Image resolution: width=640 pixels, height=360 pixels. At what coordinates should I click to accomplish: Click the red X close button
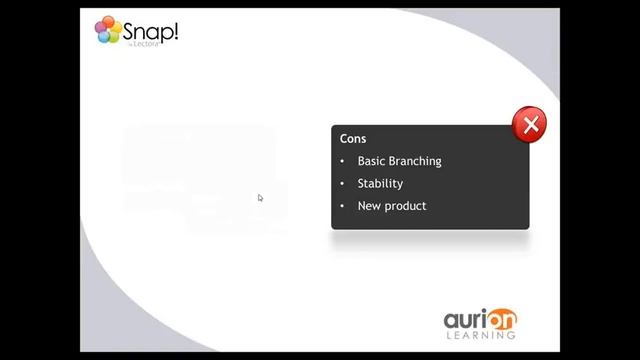coord(530,125)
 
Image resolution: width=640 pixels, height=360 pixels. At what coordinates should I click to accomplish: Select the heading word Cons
coord(353,139)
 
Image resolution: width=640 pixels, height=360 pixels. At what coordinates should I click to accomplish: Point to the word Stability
coord(380,184)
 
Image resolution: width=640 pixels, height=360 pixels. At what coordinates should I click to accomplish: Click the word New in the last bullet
coord(369,206)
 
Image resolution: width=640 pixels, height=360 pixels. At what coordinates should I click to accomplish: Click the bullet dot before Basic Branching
coord(342,161)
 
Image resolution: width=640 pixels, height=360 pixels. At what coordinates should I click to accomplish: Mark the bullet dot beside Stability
coord(342,184)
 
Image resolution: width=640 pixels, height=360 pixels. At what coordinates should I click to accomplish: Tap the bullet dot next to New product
coord(342,206)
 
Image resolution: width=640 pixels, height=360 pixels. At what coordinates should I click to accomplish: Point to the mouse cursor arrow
coord(260,198)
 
